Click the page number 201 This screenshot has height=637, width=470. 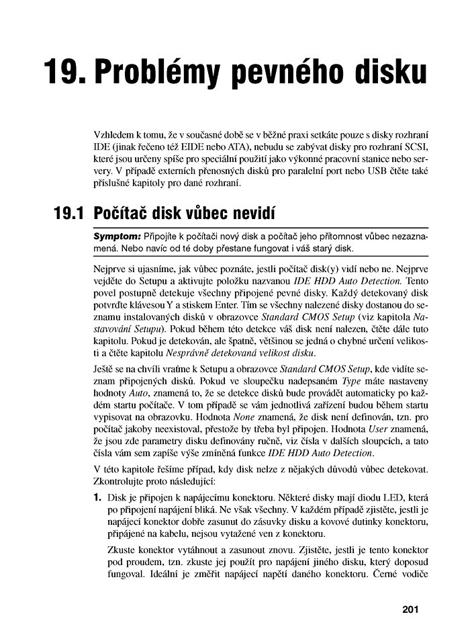(x=410, y=609)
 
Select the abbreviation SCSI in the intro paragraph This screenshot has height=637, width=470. (x=416, y=146)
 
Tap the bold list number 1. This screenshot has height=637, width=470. (x=98, y=498)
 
